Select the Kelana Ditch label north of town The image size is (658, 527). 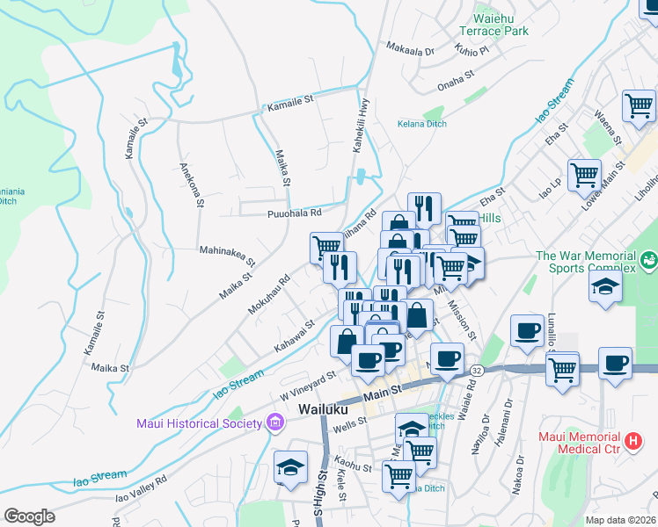coord(420,124)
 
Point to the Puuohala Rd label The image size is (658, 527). coord(295,213)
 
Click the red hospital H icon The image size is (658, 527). coord(632,439)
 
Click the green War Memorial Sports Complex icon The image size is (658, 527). coord(648,259)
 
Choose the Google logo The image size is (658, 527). coord(29,516)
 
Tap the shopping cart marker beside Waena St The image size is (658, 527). coord(639,105)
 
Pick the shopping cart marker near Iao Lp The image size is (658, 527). coord(583,174)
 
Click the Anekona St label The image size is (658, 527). coord(191,184)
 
